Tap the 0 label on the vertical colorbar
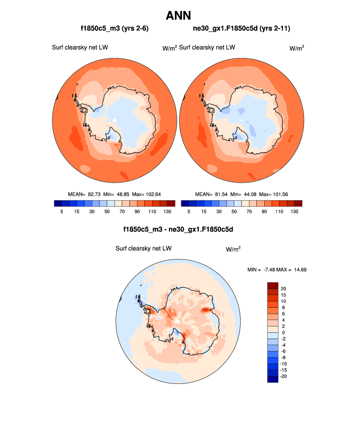(282, 332)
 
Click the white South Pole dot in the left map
(114, 120)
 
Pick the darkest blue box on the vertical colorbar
(273, 379)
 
